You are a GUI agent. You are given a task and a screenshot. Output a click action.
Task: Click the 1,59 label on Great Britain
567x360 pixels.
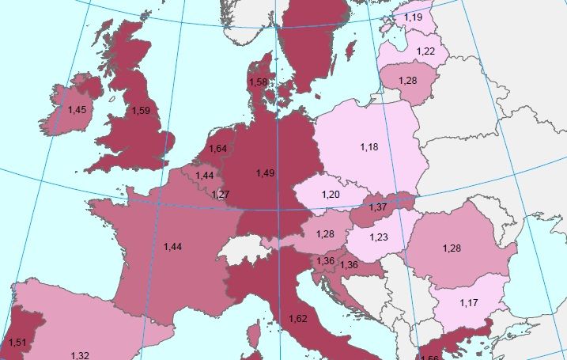coord(141,111)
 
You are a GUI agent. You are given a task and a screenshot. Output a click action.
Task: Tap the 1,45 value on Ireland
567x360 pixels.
coord(77,109)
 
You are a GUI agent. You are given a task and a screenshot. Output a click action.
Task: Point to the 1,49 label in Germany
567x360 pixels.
coord(266,172)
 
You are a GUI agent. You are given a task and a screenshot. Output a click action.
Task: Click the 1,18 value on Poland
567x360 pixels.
coord(369,146)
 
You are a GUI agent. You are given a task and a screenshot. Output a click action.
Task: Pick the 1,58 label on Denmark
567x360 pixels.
coord(258,82)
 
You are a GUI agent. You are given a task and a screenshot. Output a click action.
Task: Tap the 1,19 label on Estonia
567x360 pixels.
coord(414,17)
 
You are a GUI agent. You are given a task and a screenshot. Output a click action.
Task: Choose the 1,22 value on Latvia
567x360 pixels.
coord(425,51)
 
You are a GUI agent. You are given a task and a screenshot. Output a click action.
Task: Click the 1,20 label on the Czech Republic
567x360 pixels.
coord(330,194)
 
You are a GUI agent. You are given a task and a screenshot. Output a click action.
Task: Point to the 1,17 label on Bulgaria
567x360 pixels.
coord(468,302)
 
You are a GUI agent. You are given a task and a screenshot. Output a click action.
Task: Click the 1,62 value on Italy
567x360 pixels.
coord(298,319)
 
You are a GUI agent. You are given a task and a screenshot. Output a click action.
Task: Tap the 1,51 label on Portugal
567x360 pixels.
coord(18,342)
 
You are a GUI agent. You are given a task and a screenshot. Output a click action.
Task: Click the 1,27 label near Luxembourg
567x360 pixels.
coord(221,195)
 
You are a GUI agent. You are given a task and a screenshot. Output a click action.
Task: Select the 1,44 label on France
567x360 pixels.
coord(172,247)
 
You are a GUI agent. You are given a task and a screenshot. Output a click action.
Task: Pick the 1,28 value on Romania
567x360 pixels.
coord(452,248)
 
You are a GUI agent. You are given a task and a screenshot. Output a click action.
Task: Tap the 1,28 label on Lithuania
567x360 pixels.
coord(407,81)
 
